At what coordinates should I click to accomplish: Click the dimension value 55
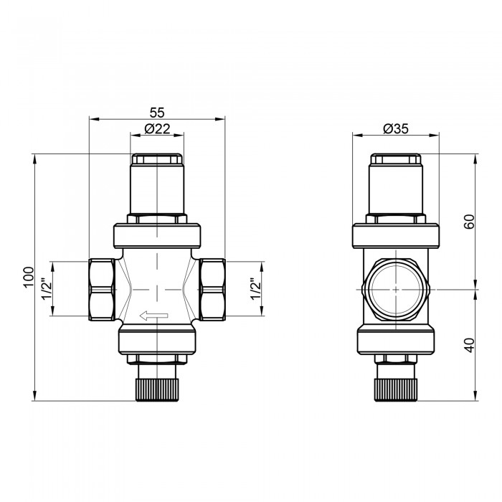(x=156, y=112)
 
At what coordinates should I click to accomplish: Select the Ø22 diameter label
(x=156, y=128)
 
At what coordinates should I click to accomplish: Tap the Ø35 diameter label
(x=395, y=128)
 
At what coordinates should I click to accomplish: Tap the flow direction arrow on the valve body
(x=154, y=314)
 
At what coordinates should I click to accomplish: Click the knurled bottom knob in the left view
(x=156, y=388)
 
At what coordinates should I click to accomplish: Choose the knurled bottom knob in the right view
(x=395, y=388)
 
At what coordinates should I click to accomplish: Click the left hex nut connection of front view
(x=101, y=289)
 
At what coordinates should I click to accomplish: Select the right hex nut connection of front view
(x=212, y=289)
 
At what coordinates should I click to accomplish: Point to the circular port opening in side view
(x=395, y=288)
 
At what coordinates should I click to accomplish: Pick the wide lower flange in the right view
(x=395, y=340)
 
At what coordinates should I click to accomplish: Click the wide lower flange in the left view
(x=156, y=340)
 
